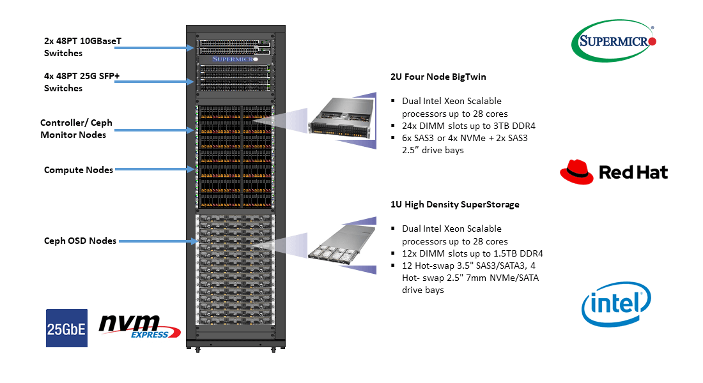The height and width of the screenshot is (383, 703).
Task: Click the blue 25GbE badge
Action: (x=66, y=328)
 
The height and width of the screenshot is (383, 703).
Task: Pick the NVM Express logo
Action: (x=139, y=326)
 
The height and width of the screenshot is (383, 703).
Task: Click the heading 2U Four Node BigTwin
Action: (x=438, y=77)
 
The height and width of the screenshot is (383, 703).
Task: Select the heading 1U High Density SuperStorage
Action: (x=454, y=204)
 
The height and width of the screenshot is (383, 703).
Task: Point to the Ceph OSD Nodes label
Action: (x=80, y=241)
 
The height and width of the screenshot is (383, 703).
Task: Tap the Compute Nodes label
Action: (x=78, y=170)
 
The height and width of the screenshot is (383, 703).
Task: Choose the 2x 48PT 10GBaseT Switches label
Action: (x=82, y=47)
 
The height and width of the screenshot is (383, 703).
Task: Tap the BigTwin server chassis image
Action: (x=338, y=116)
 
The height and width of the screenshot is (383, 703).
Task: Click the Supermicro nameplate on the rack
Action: (x=234, y=59)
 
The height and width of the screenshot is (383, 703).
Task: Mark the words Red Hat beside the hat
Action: (x=633, y=172)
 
